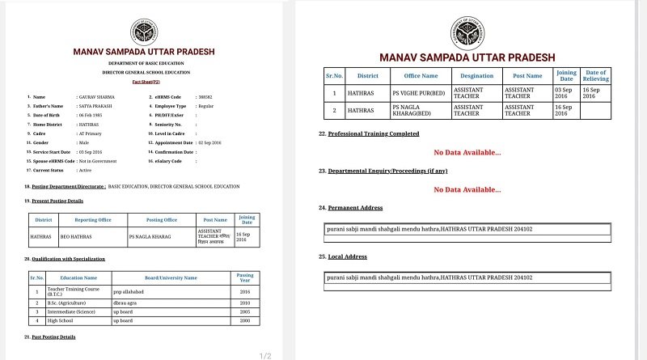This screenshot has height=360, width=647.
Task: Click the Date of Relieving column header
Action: click(595, 76)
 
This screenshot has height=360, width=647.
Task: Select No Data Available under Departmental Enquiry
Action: click(467, 189)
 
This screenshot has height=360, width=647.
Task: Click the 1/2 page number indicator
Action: click(264, 355)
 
